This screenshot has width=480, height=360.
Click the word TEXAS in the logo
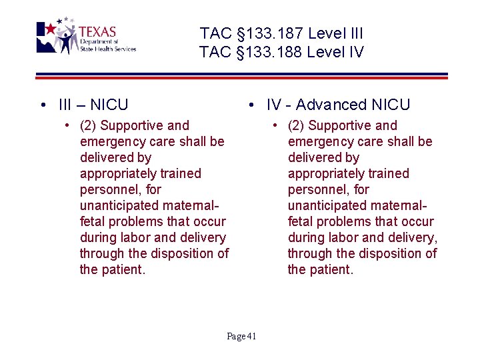point(97,31)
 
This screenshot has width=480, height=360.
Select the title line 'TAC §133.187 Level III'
point(281,33)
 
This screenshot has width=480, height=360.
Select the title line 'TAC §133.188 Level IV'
point(281,52)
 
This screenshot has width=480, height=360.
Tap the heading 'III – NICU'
point(93,105)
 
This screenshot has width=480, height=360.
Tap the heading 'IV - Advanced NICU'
point(338,105)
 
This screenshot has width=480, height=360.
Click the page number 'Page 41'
point(241,336)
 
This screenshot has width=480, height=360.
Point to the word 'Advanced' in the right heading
point(331,105)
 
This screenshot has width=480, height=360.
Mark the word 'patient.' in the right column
point(331,269)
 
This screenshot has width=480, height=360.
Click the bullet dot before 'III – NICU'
point(43,105)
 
